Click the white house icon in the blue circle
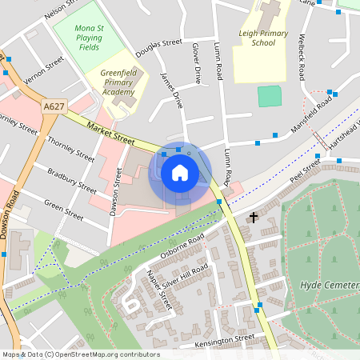click(180, 173)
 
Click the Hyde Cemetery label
click(330, 286)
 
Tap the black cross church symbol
click(254, 217)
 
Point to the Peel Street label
click(305, 170)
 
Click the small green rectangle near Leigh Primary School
click(270, 97)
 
